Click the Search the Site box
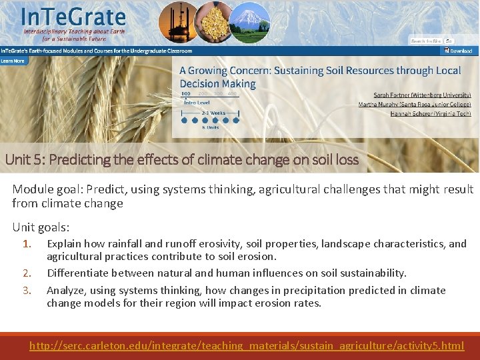(427, 41)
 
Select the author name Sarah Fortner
(422, 95)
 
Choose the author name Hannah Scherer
(431, 113)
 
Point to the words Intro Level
(197, 103)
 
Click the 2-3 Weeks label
(214, 113)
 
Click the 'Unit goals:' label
(40, 227)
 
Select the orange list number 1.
(27, 244)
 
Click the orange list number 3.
(27, 291)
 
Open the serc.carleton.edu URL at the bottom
(247, 346)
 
